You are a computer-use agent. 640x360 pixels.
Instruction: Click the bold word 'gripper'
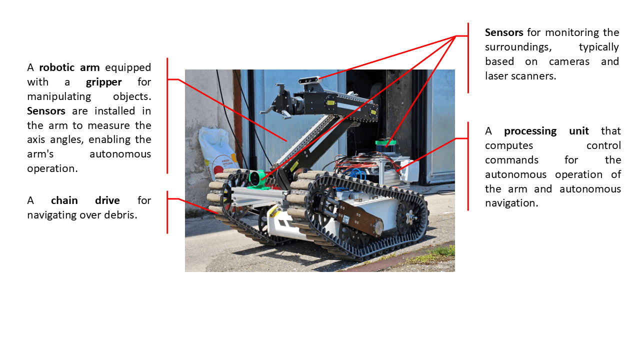pos(103,82)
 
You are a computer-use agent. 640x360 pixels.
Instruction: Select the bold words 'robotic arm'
pos(69,67)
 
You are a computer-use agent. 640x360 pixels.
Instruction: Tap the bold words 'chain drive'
pos(85,200)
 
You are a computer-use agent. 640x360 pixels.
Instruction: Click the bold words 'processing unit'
pos(546,131)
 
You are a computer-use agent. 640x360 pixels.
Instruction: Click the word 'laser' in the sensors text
pos(496,76)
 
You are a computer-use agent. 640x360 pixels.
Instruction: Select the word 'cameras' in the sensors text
pos(569,61)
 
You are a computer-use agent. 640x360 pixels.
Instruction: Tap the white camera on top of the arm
pos(309,80)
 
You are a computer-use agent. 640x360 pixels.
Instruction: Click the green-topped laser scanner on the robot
pos(385,145)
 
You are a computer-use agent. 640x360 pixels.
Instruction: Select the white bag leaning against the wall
pos(217,151)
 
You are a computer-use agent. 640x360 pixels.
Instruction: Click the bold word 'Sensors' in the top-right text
pos(504,32)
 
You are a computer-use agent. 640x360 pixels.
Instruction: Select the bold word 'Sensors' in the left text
pos(46,111)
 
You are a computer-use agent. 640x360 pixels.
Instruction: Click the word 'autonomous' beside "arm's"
pos(120,154)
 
